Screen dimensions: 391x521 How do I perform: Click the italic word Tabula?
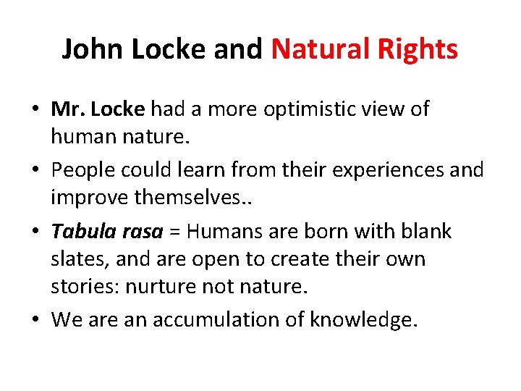pyautogui.click(x=80, y=232)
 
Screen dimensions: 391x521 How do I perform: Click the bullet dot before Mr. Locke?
pyautogui.click(x=35, y=110)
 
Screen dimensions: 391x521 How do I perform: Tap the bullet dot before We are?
pyautogui.click(x=35, y=319)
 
